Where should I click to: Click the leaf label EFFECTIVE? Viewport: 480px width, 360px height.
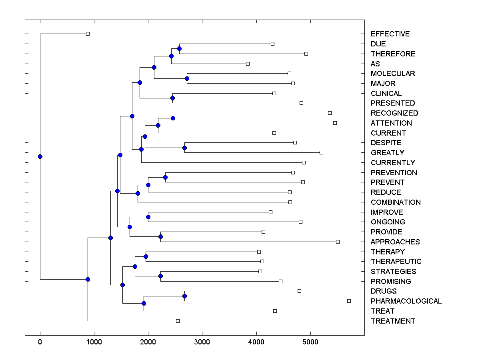[x=390, y=34]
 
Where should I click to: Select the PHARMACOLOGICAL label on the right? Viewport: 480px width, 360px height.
[x=406, y=301]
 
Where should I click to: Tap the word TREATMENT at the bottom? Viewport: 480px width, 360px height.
[x=393, y=321]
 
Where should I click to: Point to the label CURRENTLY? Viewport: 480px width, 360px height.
[x=393, y=163]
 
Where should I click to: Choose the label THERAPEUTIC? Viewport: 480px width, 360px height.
[x=396, y=262]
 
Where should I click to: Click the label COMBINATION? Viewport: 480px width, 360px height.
[x=396, y=202]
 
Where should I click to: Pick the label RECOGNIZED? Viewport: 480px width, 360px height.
[x=394, y=113]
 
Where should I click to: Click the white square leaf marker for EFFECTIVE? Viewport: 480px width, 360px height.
[x=88, y=34]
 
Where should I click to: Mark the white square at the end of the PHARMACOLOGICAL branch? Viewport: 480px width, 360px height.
[x=349, y=301]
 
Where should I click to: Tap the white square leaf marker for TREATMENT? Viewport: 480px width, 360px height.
[x=178, y=321]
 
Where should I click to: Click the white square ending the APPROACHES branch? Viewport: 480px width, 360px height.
[x=338, y=242]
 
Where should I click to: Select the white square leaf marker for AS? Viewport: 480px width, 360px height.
[x=248, y=64]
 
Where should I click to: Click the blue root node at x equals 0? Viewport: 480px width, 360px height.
[x=40, y=156]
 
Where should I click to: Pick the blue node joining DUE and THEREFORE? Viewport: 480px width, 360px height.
[x=179, y=48]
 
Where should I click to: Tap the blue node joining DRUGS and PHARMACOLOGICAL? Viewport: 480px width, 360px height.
[x=184, y=296]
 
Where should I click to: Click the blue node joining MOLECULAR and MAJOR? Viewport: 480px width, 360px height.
[x=187, y=78]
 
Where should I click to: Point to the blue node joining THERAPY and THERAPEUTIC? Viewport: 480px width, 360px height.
[x=146, y=256]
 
